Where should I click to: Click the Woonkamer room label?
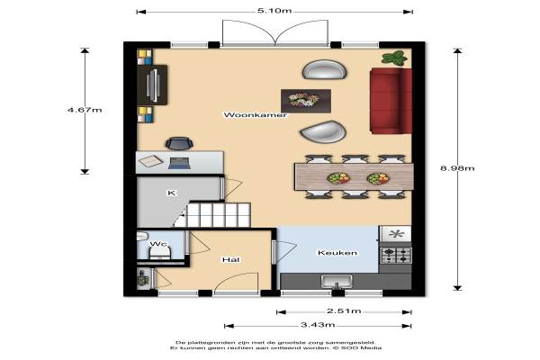point(255,115)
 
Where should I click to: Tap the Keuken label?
point(337,253)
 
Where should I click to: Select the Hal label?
point(230,259)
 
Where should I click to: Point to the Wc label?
point(158,244)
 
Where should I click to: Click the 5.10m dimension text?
point(274,11)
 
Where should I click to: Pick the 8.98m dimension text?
point(457,168)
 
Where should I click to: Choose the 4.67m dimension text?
point(85,110)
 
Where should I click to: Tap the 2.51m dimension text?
point(344,311)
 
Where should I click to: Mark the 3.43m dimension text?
point(318,325)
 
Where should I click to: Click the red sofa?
point(391,101)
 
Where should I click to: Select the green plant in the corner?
point(395,58)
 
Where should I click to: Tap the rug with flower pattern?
point(306,101)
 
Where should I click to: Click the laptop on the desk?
point(179,163)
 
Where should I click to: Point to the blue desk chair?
point(179,144)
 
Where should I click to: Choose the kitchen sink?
point(337,282)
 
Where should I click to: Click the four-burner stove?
point(395,256)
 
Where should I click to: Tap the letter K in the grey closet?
point(171,193)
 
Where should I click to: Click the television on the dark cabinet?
point(152,85)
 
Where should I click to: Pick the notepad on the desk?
point(150,161)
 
